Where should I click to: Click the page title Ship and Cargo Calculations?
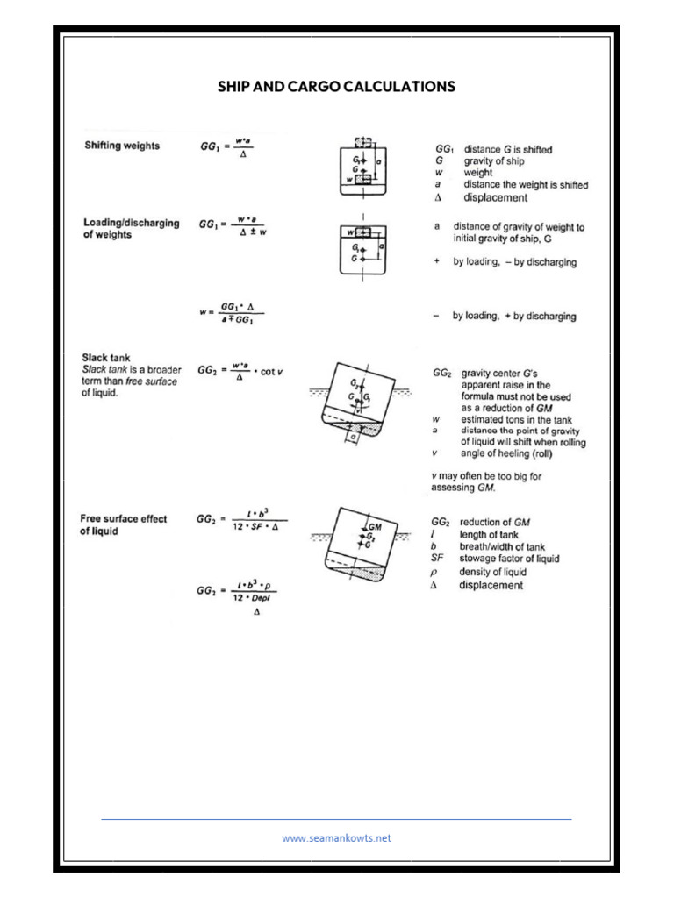pos(336,86)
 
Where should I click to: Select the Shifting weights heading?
pos(122,146)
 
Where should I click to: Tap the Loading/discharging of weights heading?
pos(131,229)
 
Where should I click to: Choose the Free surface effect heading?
pos(124,524)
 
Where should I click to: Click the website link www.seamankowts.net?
pos(336,837)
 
